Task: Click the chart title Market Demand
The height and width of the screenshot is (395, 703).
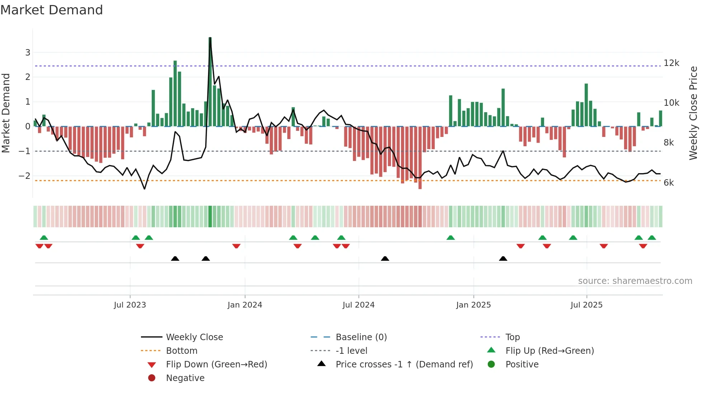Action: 52,10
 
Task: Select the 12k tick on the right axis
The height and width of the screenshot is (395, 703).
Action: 671,63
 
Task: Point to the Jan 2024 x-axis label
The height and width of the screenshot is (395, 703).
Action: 245,305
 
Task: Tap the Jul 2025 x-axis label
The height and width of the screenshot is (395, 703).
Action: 586,305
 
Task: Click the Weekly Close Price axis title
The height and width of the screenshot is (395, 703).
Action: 693,113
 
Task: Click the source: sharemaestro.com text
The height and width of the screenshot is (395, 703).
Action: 635,281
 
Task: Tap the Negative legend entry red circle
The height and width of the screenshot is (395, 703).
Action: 152,378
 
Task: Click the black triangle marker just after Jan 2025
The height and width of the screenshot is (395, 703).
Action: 503,259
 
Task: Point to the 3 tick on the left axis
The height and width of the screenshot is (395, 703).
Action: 28,53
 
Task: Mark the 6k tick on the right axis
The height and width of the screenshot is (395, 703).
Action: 669,183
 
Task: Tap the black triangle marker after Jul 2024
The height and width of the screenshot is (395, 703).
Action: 385,259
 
